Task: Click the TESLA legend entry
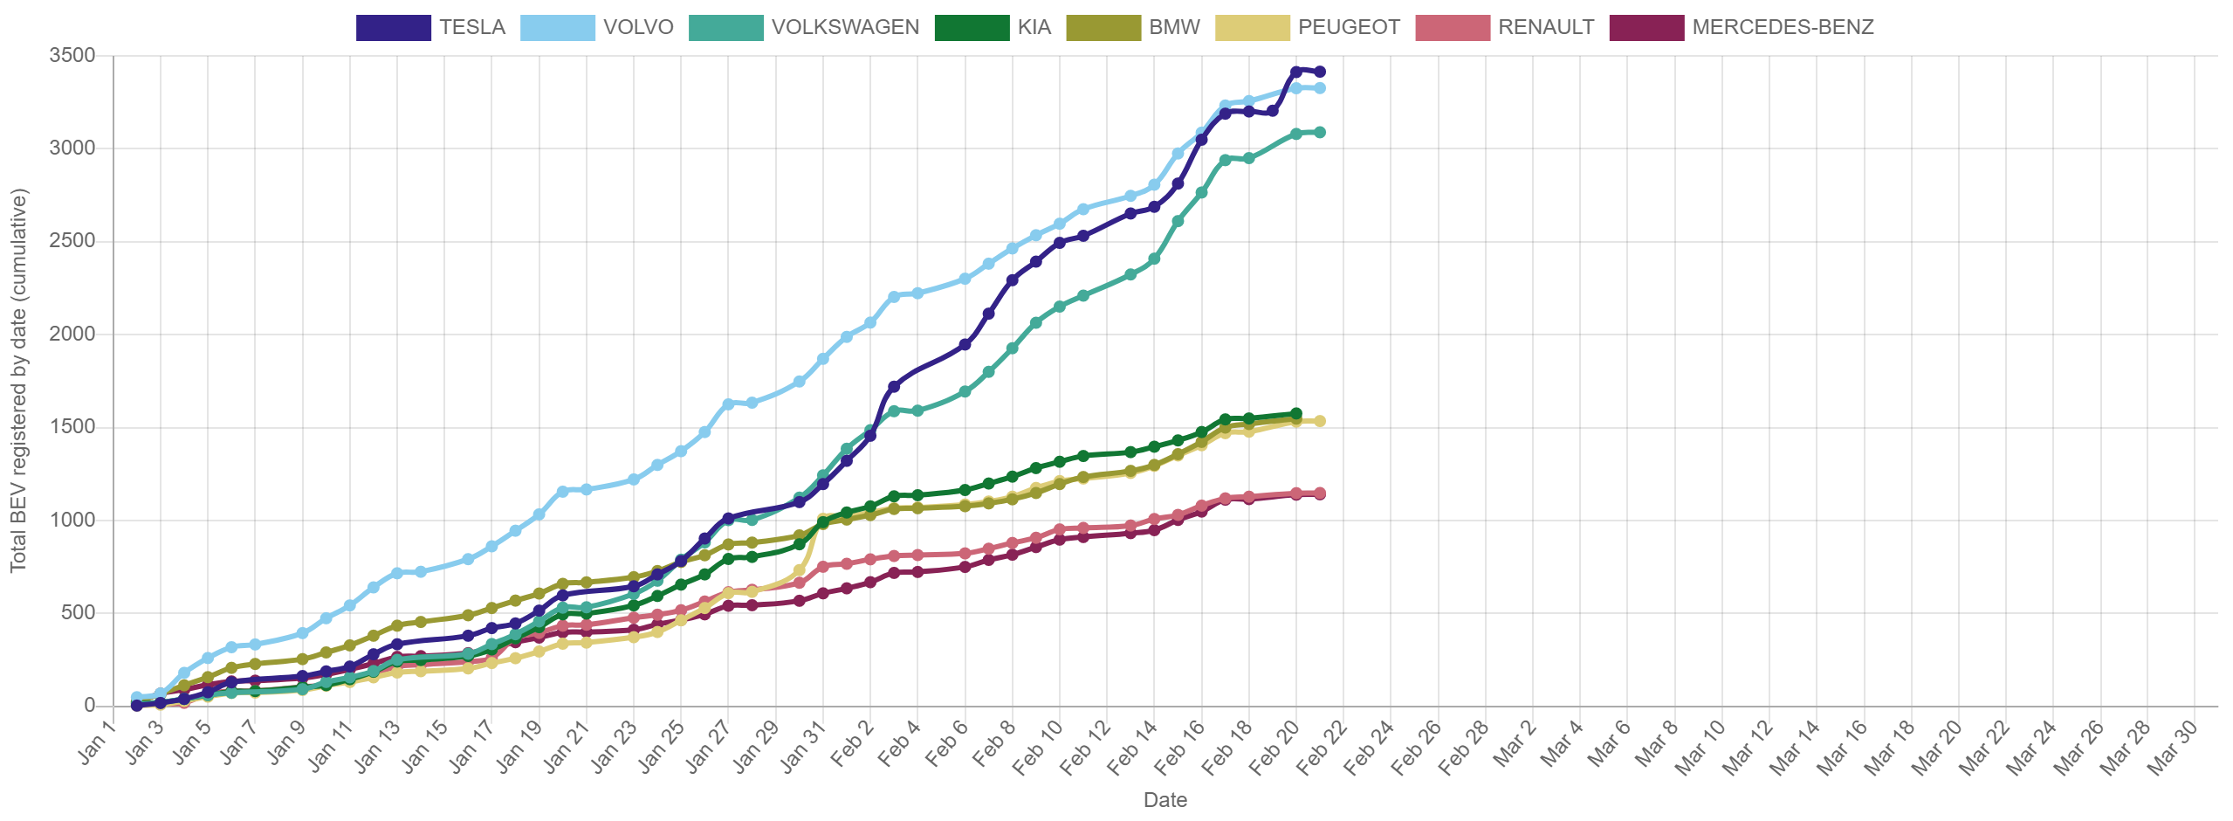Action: pos(431,27)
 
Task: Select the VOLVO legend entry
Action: pos(597,27)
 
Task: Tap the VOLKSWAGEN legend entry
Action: pos(804,27)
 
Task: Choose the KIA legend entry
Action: pos(993,27)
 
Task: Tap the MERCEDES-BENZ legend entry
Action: pos(1741,27)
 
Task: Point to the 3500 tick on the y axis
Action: pos(72,55)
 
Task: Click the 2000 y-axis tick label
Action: pos(72,334)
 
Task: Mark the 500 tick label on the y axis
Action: pos(78,612)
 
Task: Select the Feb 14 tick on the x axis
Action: pos(1135,748)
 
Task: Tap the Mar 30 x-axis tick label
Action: pos(2174,748)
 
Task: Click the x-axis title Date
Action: pos(1165,800)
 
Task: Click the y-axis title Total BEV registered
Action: pos(19,380)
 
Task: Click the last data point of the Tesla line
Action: pos(1320,72)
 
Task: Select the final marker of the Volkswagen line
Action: pos(1320,132)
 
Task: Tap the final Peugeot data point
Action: pos(1320,421)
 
